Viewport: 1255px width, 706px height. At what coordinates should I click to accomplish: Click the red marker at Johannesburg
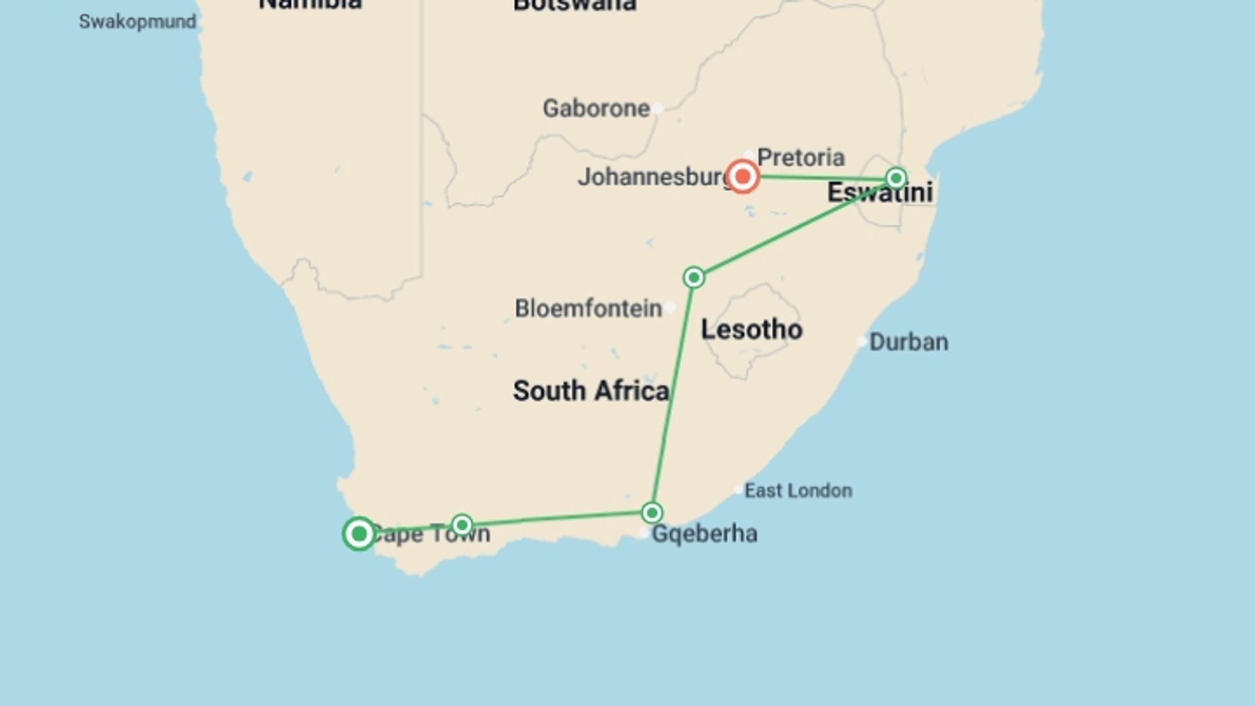click(x=743, y=176)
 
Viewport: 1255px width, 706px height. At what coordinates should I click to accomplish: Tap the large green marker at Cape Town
click(x=359, y=534)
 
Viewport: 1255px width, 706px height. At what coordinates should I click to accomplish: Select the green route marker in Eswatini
click(x=896, y=178)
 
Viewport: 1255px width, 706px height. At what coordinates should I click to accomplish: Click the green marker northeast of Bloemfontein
click(x=694, y=278)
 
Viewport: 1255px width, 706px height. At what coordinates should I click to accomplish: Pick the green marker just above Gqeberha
click(x=652, y=513)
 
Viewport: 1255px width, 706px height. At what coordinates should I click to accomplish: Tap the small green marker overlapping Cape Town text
click(x=462, y=525)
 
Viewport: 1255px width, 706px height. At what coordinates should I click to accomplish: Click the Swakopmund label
click(x=137, y=22)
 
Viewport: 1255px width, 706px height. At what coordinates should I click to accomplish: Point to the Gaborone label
click(x=595, y=109)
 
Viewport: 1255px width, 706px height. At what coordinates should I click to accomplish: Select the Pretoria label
click(x=801, y=158)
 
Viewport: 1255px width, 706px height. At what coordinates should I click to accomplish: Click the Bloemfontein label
click(x=588, y=309)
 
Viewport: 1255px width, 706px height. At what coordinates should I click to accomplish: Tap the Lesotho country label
click(x=752, y=329)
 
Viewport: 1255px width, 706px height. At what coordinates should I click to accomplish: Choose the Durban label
click(x=909, y=342)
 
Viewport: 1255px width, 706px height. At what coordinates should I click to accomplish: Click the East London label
click(x=798, y=490)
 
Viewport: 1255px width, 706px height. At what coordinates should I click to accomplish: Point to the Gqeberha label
click(x=705, y=534)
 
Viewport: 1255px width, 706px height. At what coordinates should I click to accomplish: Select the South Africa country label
click(x=590, y=391)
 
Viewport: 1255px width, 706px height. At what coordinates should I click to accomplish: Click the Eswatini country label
click(x=880, y=192)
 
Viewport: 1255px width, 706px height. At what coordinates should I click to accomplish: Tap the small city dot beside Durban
click(x=862, y=341)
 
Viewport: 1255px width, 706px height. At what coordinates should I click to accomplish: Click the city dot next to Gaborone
click(x=658, y=109)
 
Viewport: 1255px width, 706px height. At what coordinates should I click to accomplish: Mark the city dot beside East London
click(x=738, y=490)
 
